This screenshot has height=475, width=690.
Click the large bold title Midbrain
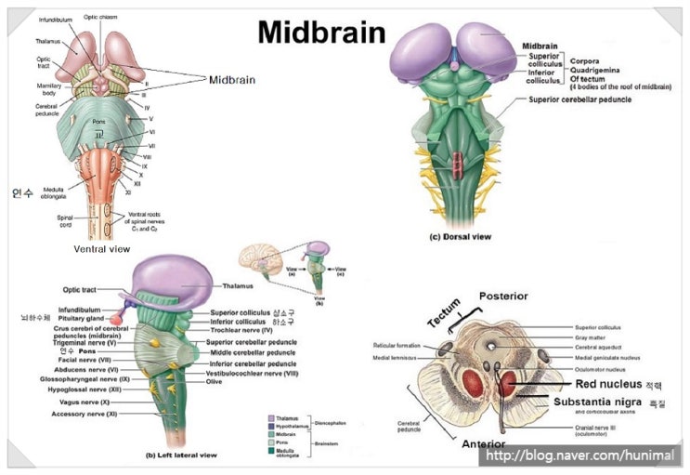coord(320,33)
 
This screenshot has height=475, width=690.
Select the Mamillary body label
coord(36,89)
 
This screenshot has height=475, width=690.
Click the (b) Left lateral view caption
coord(181,455)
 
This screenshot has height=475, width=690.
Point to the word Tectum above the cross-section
coord(444,313)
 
